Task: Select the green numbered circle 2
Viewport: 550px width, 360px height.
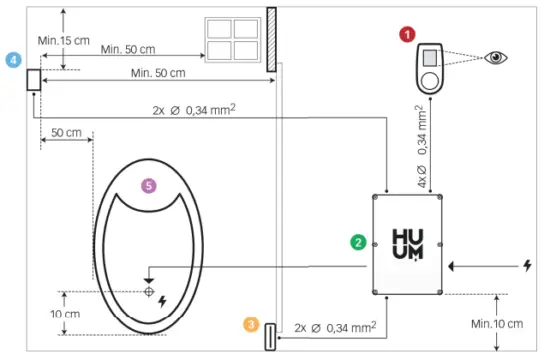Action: pyautogui.click(x=356, y=241)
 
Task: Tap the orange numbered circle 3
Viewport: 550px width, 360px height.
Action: pyautogui.click(x=250, y=324)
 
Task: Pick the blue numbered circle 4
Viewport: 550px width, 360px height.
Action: pyautogui.click(x=13, y=60)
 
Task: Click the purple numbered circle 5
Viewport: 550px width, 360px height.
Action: pyautogui.click(x=149, y=185)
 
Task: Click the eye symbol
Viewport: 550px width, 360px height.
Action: pyautogui.click(x=494, y=57)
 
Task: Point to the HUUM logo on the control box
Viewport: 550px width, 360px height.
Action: pyautogui.click(x=410, y=243)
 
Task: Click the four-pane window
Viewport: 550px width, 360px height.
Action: pyautogui.click(x=231, y=40)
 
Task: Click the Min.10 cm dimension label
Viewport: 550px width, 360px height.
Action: pyautogui.click(x=497, y=324)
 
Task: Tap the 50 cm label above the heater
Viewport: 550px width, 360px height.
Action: pyautogui.click(x=66, y=133)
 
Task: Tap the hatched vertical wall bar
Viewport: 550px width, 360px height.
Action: pyautogui.click(x=271, y=39)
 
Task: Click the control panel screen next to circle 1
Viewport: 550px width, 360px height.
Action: pyautogui.click(x=430, y=58)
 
